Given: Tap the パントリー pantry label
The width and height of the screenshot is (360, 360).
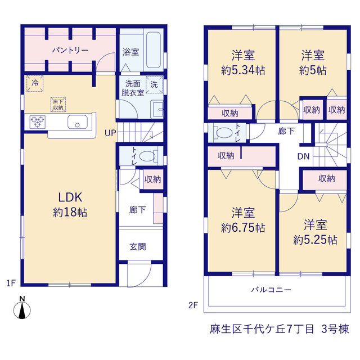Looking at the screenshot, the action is (x=70, y=50).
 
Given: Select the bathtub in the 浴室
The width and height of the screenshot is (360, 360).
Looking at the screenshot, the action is (x=154, y=50).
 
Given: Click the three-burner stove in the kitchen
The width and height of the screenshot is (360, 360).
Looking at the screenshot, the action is (x=38, y=121).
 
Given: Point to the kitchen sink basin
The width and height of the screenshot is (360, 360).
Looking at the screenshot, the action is (x=78, y=122).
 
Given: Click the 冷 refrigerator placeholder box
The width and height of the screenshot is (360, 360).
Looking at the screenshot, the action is (x=35, y=83).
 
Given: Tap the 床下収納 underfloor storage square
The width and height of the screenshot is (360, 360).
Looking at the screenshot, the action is (x=58, y=105).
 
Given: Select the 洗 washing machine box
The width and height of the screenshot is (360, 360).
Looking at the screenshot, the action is (x=154, y=84).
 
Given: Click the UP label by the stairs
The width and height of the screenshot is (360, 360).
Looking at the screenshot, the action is (x=110, y=133).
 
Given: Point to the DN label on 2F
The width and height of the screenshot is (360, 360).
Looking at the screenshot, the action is (x=303, y=156).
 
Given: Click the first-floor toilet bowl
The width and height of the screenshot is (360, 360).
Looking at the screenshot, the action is (x=147, y=156).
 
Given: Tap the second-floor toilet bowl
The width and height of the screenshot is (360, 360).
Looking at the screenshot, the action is (x=224, y=133).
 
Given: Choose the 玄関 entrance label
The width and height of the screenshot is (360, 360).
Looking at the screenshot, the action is (x=137, y=247).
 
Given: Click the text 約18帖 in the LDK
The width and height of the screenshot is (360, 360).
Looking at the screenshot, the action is (x=70, y=213).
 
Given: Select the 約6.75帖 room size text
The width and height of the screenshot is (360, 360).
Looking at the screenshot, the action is (x=243, y=228).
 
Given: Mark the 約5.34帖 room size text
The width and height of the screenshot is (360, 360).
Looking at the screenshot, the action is (x=243, y=70).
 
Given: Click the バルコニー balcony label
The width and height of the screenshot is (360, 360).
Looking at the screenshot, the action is (x=271, y=290).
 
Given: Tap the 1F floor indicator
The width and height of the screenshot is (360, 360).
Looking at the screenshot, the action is (x=11, y=283).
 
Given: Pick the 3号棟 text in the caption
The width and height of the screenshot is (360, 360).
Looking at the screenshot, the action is (x=335, y=329).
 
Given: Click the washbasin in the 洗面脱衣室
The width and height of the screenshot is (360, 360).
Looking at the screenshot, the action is (x=157, y=110).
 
